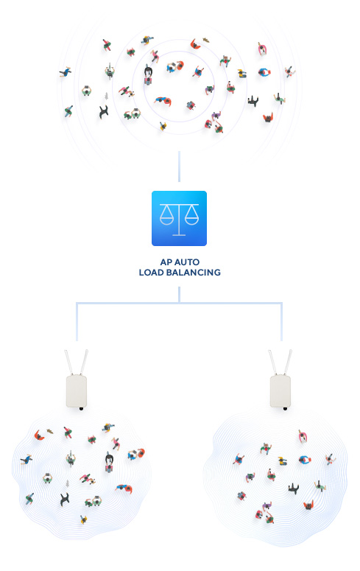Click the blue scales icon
click(x=179, y=218)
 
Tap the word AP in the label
click(x=166, y=262)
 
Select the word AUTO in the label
click(x=187, y=262)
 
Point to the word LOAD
click(x=151, y=273)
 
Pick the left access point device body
click(x=77, y=391)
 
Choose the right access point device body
click(x=280, y=391)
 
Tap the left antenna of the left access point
click(x=68, y=362)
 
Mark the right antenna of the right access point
click(x=289, y=362)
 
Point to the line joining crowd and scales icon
click(x=179, y=167)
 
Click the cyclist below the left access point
click(x=71, y=458)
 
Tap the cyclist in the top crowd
click(x=109, y=71)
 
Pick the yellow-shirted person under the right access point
click(x=283, y=461)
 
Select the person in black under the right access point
click(x=294, y=488)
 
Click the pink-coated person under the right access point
click(x=303, y=436)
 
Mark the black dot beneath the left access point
click(x=81, y=409)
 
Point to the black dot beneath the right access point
click(x=285, y=409)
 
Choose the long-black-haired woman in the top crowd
click(x=148, y=74)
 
